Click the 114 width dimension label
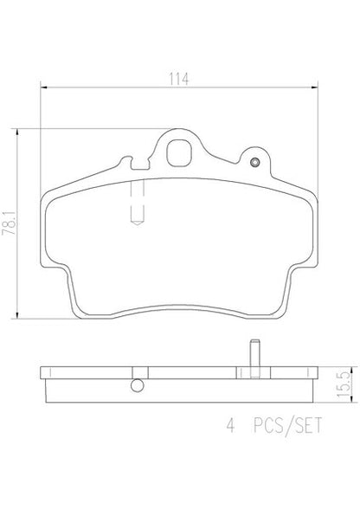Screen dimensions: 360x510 178,79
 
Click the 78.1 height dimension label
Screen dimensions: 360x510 10,223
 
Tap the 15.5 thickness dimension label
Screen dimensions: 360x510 344,384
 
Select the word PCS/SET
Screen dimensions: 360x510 288,426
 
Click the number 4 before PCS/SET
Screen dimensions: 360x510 230,425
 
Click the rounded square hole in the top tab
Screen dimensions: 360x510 178,153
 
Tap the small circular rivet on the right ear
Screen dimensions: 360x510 254,162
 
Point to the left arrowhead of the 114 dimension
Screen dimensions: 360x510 43,87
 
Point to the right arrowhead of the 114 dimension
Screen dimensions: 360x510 314,87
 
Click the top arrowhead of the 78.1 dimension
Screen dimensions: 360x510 17,132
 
